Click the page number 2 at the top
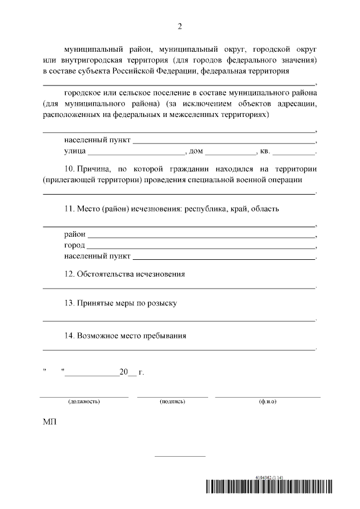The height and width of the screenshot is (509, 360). (x=180, y=26)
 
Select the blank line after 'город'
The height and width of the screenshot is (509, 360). (x=201, y=246)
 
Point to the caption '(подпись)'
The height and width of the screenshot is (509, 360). (x=173, y=402)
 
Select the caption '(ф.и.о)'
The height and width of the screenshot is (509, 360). (x=268, y=402)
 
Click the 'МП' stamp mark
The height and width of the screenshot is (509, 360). (x=49, y=422)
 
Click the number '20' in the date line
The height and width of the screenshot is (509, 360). (x=123, y=372)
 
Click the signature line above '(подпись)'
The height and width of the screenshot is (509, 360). (x=173, y=397)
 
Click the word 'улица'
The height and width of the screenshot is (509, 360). (x=75, y=152)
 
